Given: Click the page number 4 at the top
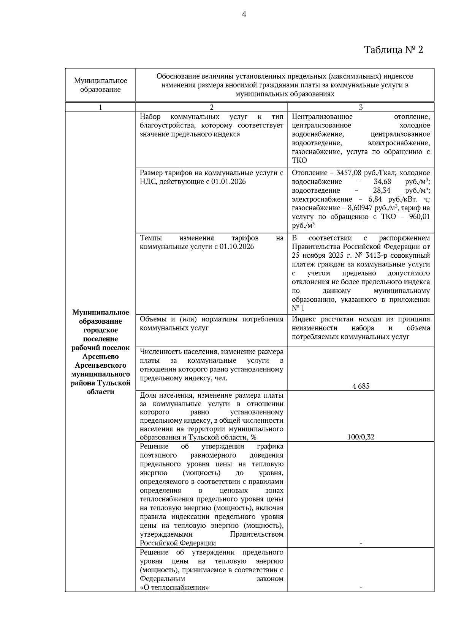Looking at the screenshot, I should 244,14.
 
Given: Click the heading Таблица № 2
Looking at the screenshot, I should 393,50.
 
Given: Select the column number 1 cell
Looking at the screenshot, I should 100,107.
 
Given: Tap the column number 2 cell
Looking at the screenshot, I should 212,107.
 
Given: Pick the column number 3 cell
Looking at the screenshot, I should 361,107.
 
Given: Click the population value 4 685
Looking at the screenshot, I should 361,386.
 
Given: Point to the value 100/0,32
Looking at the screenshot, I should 361,437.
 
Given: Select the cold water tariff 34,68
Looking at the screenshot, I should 382,182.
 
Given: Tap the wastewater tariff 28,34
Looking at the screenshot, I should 382,191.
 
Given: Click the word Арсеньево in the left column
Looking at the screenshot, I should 100,357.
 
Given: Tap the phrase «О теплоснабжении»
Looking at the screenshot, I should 174,587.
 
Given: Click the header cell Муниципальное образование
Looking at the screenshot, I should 100,85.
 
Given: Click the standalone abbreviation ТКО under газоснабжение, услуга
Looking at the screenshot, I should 299,161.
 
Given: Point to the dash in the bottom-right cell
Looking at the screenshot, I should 361,588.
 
